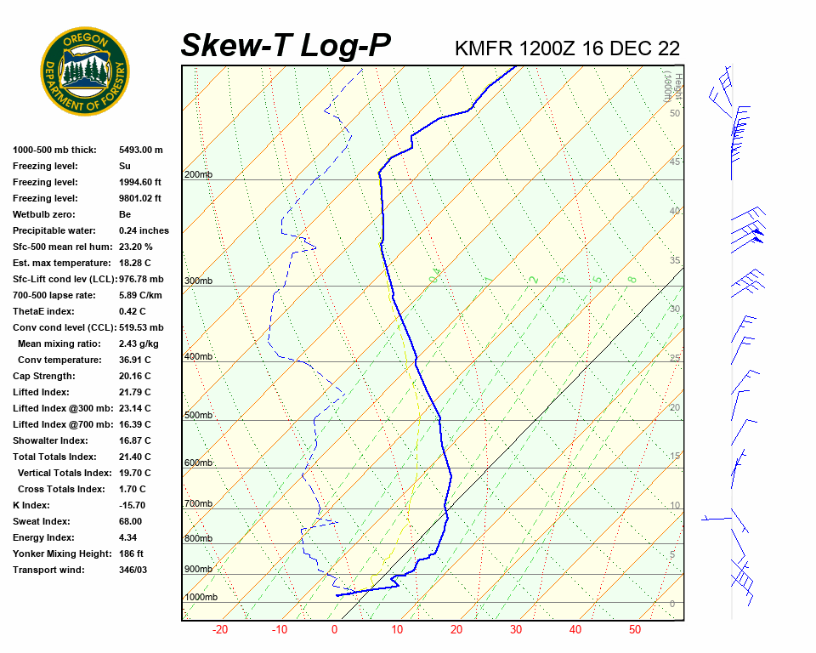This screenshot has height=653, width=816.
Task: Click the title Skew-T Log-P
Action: click(286, 46)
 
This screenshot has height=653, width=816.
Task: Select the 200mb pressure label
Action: click(198, 175)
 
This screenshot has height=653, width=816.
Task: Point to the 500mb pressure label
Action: click(198, 416)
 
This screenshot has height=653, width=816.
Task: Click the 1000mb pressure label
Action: click(201, 598)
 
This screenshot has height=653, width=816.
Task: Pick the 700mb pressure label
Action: click(198, 504)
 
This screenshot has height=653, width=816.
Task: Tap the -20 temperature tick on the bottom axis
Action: click(219, 630)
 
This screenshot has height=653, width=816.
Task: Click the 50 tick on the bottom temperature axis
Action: click(635, 630)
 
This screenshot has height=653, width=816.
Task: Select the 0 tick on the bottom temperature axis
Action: click(334, 630)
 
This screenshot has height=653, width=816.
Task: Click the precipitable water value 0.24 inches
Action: click(144, 230)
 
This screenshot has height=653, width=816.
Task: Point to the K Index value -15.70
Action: click(135, 505)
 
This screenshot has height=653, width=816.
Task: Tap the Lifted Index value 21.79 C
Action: click(134, 392)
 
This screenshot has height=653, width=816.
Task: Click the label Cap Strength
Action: click(44, 376)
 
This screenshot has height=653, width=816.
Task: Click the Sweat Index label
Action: click(42, 521)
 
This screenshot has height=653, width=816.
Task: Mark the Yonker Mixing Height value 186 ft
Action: click(131, 554)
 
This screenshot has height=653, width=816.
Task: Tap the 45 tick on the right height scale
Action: click(675, 162)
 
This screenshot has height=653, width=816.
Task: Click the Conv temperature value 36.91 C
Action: click(134, 360)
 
